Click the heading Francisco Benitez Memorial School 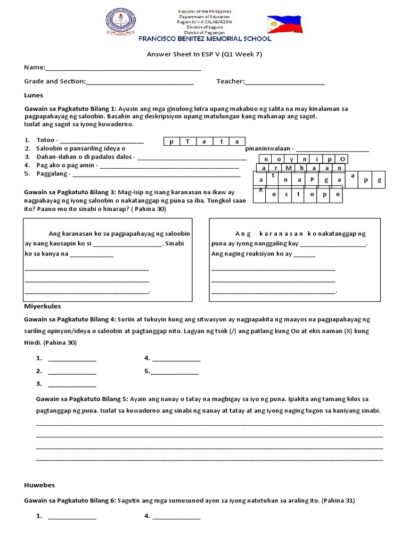pyautogui.click(x=205, y=39)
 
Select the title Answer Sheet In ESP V pyautogui.click(x=204, y=54)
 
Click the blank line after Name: pyautogui.click(x=124, y=68)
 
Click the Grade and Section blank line pyautogui.click(x=140, y=81)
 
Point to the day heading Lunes pyautogui.click(x=34, y=95)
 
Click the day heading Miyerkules pyautogui.click(x=43, y=306)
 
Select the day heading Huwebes pyautogui.click(x=39, y=485)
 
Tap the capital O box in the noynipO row pyautogui.click(x=343, y=159)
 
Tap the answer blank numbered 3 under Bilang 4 pyautogui.click(x=72, y=384)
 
